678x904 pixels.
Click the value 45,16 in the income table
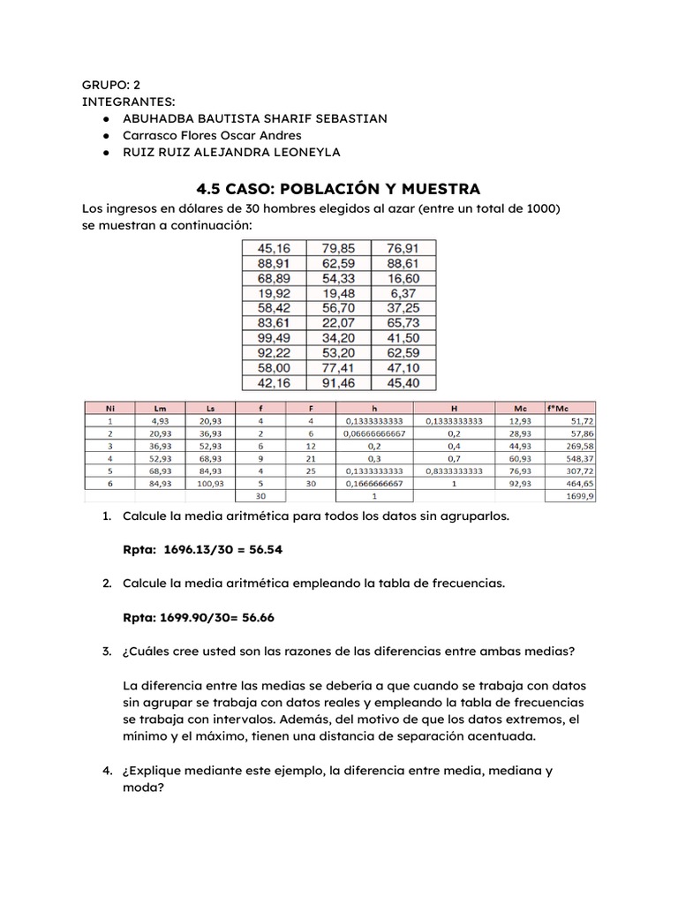(275, 249)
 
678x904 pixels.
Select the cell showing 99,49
(275, 339)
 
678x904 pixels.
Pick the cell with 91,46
(340, 384)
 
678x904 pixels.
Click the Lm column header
(161, 409)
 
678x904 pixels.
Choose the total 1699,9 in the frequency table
(582, 497)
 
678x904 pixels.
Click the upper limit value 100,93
(211, 485)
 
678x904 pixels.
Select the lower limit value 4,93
(161, 422)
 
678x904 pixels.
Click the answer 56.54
(264, 550)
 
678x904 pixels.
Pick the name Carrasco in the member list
(152, 135)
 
